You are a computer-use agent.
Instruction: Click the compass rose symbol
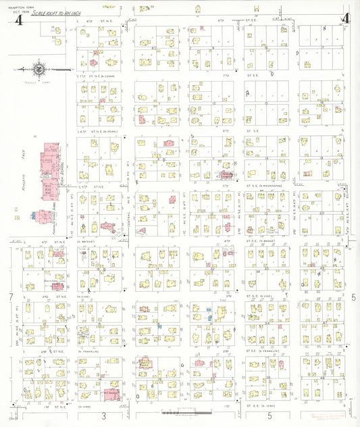pyautogui.click(x=39, y=68)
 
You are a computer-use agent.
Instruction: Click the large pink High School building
pyautogui.click(x=49, y=162)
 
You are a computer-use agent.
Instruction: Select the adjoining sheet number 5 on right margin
pyautogui.click(x=353, y=297)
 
